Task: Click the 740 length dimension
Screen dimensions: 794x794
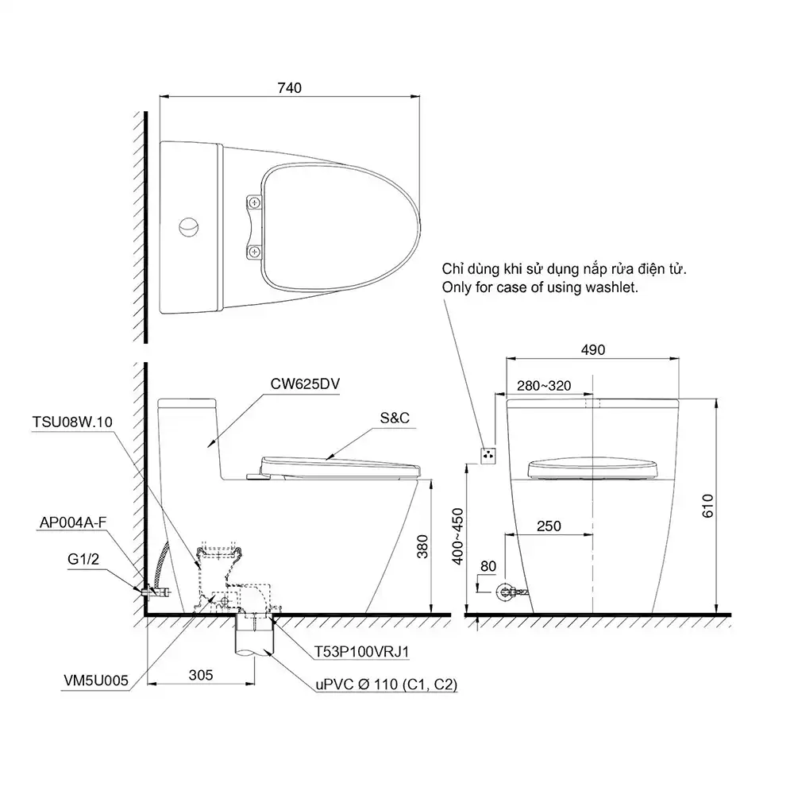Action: coord(290,88)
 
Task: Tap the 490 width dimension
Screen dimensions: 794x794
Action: coord(593,350)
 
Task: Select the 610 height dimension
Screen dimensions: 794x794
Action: coord(707,505)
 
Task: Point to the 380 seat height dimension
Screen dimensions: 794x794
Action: coord(422,546)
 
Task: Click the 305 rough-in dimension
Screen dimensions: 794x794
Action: coord(201,675)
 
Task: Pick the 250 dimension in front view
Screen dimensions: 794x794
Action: coord(549,526)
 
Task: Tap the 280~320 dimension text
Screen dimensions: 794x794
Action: coord(544,386)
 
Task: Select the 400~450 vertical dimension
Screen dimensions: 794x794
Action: coord(458,536)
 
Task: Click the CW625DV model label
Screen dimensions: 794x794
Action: coord(305,384)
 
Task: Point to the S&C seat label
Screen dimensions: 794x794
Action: coord(395,418)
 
